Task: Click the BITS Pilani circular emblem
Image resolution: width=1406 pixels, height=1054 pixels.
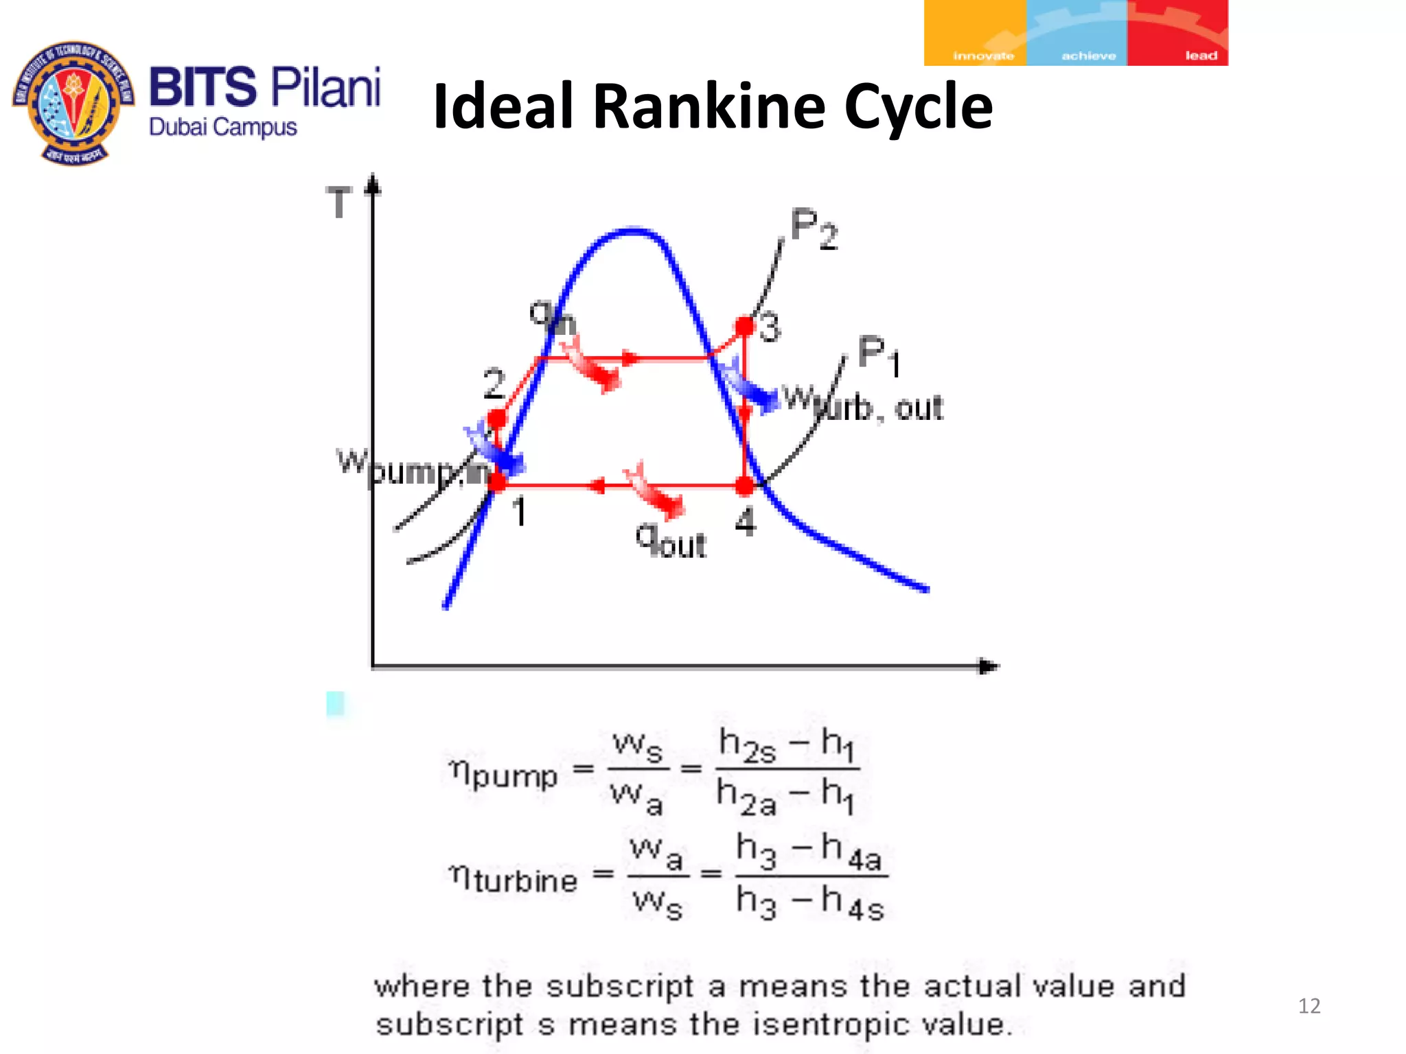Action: point(74,103)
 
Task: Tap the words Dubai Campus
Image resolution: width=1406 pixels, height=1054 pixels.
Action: point(223,128)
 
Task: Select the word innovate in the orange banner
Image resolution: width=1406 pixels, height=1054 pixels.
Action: point(983,56)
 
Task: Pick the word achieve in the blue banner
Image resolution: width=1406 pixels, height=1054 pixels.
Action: point(1088,56)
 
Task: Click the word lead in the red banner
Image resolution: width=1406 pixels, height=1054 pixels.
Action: point(1201,56)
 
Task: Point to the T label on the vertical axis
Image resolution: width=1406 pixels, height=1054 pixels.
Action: point(339,203)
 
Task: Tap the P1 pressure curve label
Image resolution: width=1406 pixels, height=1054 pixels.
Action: point(878,355)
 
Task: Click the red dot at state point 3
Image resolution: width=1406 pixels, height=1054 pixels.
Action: point(745,325)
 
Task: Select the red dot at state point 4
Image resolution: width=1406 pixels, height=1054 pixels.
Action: point(745,486)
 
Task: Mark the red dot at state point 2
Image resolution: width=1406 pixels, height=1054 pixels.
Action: point(497,418)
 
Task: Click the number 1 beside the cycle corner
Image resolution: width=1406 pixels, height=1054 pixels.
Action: point(520,512)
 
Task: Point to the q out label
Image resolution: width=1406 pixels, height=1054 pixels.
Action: point(671,541)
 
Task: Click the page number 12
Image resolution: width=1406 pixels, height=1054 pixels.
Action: point(1309,1006)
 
